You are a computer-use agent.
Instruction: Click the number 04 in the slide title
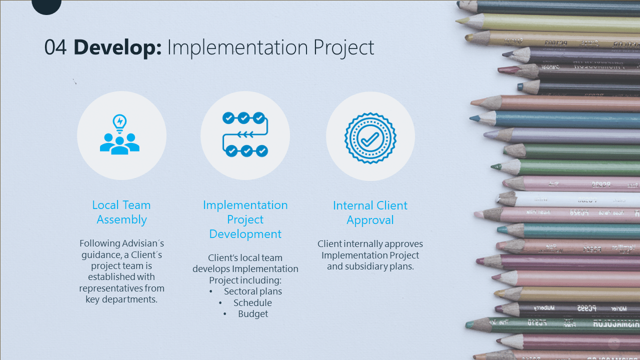click(x=55, y=48)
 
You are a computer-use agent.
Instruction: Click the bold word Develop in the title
click(x=117, y=48)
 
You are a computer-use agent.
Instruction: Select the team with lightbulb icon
click(x=120, y=134)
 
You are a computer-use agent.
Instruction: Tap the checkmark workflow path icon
click(x=245, y=134)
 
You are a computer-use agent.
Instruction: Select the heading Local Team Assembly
click(x=121, y=212)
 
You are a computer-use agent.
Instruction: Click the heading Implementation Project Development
click(x=245, y=219)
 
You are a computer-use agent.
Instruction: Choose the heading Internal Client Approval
click(x=370, y=212)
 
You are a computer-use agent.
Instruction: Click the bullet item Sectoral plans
click(x=253, y=291)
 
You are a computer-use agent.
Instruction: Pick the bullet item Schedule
click(x=252, y=303)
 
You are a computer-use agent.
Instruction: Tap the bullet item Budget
click(x=253, y=314)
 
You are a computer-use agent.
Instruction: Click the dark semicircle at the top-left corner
click(x=46, y=5)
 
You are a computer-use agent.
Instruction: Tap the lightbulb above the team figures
click(x=119, y=121)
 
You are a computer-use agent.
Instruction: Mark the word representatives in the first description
click(x=111, y=288)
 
